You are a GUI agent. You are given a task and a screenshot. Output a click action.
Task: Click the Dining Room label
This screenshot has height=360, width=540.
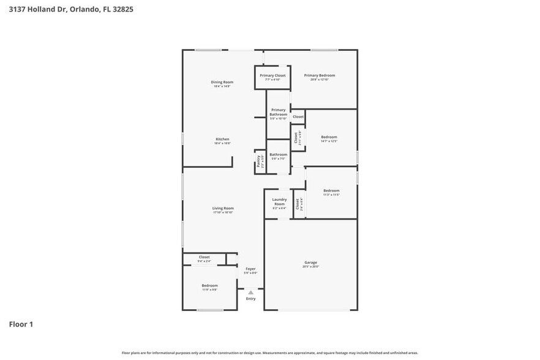tap(222, 82)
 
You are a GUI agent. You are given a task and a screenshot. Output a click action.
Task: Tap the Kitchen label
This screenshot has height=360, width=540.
tap(222, 139)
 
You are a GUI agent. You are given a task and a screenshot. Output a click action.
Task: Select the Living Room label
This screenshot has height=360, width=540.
tap(223, 208)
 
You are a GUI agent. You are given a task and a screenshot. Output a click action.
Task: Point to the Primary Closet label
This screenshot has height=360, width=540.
tap(272, 75)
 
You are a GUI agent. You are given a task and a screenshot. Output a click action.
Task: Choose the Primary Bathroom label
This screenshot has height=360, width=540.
tap(278, 112)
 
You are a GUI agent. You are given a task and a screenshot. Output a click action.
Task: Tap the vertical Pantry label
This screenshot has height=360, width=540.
tap(258, 162)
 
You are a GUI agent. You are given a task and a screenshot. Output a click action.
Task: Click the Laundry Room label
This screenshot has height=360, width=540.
tap(279, 201)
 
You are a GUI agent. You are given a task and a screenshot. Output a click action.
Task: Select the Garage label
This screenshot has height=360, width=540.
tap(311, 262)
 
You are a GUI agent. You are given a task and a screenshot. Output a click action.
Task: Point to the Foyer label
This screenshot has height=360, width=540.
tap(250, 269)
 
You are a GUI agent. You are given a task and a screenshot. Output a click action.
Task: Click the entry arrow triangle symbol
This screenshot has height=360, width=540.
tap(250, 293)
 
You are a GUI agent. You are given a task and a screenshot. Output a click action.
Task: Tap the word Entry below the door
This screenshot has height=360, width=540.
tap(250, 299)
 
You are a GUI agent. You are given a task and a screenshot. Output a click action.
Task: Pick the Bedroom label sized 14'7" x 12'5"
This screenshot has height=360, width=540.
tap(329, 137)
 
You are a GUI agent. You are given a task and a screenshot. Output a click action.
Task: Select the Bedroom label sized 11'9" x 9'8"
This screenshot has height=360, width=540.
tap(209, 285)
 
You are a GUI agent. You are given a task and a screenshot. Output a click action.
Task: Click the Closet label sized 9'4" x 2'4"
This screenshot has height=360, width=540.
tap(204, 257)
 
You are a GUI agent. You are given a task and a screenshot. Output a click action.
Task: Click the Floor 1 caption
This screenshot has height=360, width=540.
tap(21, 324)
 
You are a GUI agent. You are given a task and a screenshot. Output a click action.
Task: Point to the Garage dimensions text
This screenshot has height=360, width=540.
tap(311, 266)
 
